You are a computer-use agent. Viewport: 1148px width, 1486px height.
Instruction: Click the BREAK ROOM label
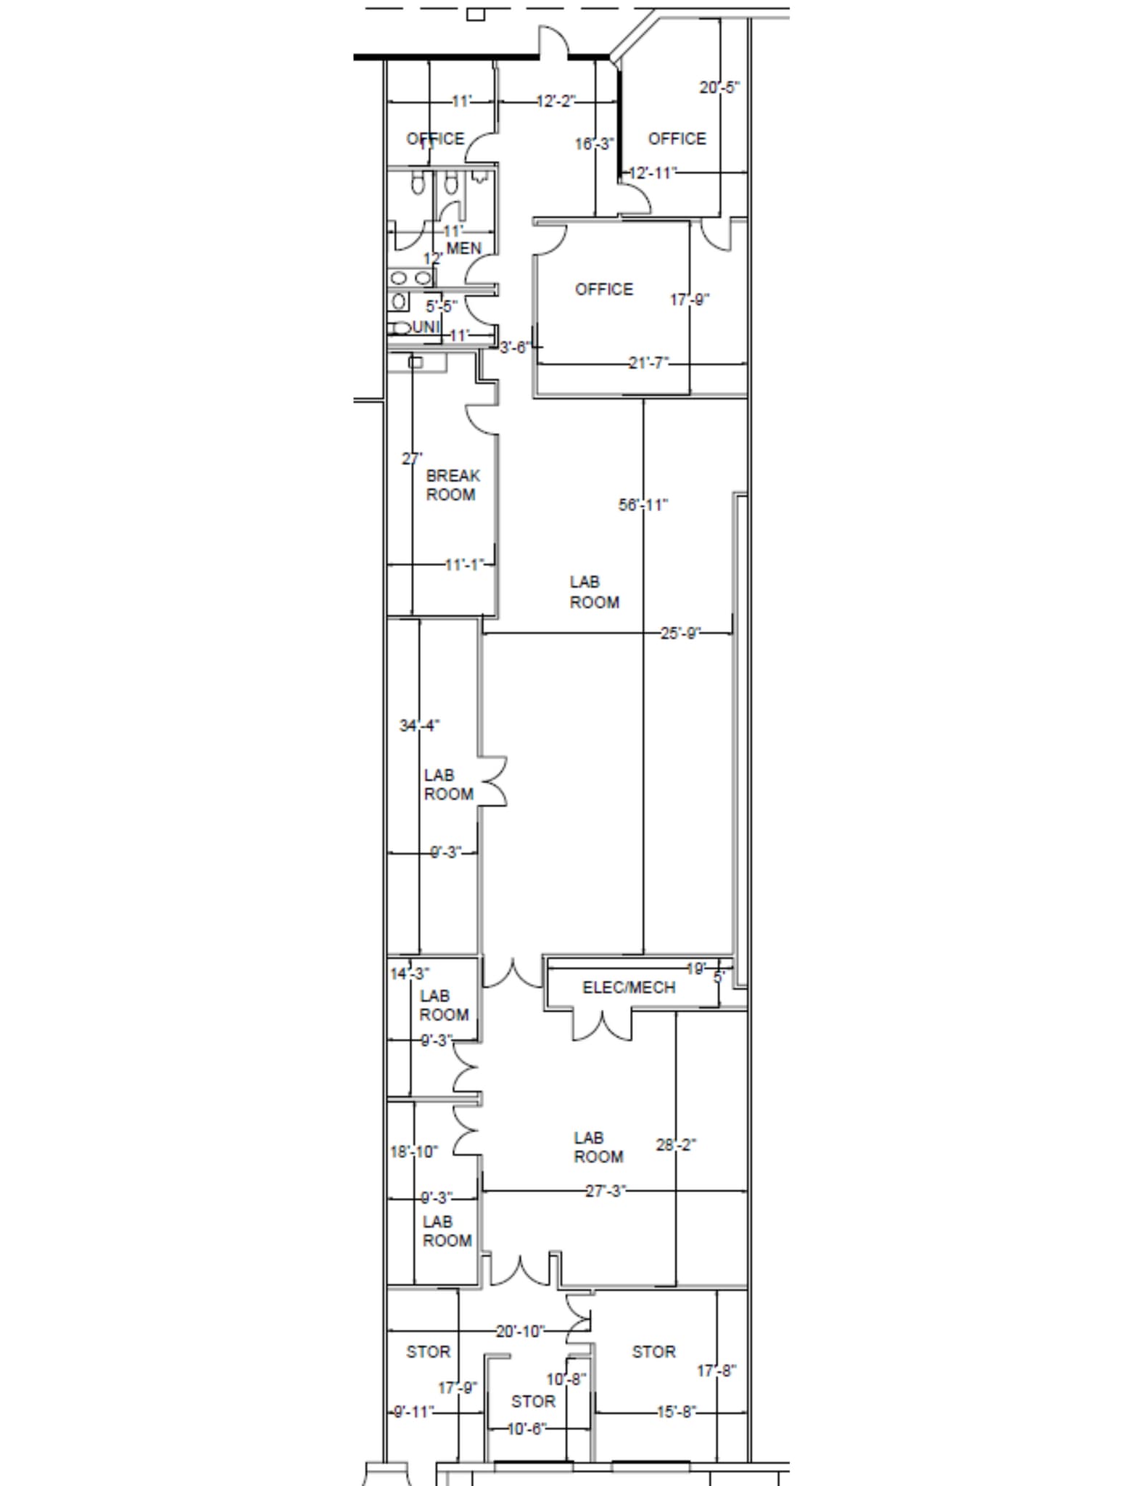453,485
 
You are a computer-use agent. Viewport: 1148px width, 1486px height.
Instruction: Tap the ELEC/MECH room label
629,987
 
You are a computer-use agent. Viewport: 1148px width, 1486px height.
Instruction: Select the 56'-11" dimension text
643,504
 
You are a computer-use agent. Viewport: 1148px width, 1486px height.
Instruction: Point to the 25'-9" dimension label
680,633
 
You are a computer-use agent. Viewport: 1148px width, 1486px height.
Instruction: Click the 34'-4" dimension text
419,725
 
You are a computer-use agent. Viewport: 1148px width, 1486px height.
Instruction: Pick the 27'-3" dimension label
606,1191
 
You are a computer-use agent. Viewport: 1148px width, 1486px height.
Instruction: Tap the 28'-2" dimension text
676,1144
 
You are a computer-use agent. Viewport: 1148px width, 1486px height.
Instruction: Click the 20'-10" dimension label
519,1331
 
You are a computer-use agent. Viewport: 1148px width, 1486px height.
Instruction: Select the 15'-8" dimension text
676,1411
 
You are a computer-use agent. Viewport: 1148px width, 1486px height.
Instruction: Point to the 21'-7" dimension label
648,362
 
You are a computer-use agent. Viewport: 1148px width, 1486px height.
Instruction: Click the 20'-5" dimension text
719,87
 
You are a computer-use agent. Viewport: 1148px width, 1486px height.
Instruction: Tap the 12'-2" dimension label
556,101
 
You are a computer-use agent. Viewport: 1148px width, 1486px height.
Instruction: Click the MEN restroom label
463,248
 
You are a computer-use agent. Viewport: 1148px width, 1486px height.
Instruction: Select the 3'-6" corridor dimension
514,348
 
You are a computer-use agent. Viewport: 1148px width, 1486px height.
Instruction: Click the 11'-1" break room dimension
464,564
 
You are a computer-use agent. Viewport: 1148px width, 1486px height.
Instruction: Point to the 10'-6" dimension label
526,1429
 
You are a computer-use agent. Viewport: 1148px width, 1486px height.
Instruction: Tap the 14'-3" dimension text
410,973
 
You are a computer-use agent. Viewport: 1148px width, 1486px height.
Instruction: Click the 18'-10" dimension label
414,1152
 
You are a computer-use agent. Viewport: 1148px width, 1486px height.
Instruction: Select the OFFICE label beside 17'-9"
603,289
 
